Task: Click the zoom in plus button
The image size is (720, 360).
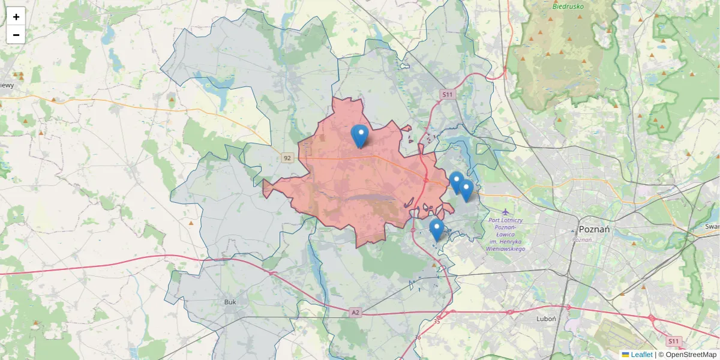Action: [16, 17]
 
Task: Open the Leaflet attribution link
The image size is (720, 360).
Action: [641, 355]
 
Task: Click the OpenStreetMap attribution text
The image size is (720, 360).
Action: [687, 355]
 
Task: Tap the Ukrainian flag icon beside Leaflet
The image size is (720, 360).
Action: [625, 355]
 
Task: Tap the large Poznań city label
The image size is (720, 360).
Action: [595, 230]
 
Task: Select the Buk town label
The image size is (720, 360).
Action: [230, 302]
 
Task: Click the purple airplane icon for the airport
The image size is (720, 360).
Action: [506, 211]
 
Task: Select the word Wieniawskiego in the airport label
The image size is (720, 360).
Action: [506, 248]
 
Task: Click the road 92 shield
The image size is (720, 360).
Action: [287, 158]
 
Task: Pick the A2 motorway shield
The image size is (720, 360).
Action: [356, 312]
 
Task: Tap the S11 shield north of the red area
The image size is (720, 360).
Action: [447, 94]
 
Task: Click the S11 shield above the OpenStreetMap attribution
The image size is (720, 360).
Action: [674, 341]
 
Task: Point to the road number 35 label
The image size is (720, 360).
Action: [436, 322]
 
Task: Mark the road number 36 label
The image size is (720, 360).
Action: [418, 337]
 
